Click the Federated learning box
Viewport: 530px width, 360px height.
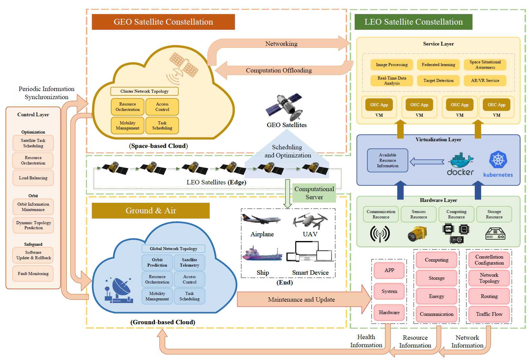[x=438, y=65]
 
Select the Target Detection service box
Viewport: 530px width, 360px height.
[x=438, y=81]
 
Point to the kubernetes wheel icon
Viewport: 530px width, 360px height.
[x=498, y=159]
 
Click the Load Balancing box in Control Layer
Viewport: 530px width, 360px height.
[x=33, y=178]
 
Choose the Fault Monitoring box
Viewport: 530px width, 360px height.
[x=33, y=274]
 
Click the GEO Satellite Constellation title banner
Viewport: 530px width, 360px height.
[x=163, y=22]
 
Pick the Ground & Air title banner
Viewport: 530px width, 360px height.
[x=151, y=211]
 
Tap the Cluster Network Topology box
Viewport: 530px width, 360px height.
[x=144, y=91]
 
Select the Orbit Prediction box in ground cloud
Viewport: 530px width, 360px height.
[x=157, y=263]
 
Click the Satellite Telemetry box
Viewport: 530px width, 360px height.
[x=189, y=263]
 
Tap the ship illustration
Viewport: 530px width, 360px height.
[x=262, y=254]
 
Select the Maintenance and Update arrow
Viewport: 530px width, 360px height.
[x=302, y=299]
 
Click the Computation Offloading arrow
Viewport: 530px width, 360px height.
[x=279, y=70]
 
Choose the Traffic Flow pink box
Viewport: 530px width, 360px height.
[x=489, y=314]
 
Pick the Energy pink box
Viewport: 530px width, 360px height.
[x=436, y=296]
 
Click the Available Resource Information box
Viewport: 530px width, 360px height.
[x=387, y=160]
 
